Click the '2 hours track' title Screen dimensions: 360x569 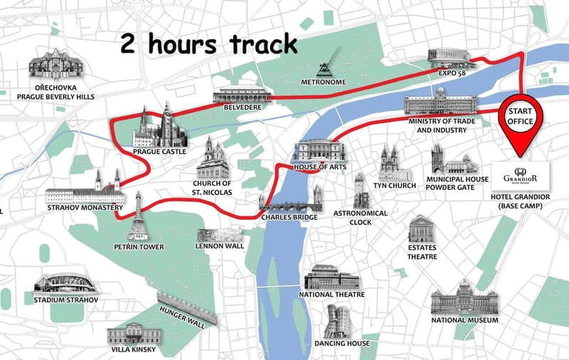208,45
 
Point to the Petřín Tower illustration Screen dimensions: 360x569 137,217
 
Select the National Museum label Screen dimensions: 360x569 464,320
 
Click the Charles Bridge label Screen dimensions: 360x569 289,217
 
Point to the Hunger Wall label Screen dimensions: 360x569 182,314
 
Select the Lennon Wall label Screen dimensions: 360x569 219,247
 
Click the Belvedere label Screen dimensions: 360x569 242,107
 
